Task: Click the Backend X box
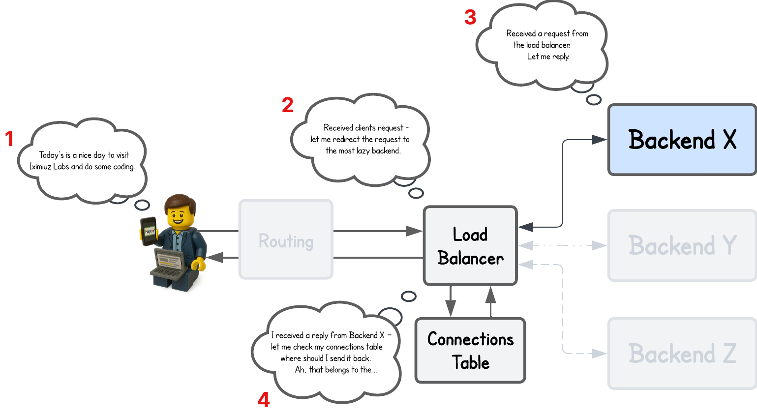(682, 140)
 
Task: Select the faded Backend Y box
(682, 245)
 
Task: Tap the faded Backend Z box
(682, 353)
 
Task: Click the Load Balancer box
(470, 246)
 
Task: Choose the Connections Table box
(470, 351)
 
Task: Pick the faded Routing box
(285, 241)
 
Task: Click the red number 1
(9, 139)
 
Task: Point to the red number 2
(288, 105)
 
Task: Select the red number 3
(470, 18)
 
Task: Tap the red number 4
(264, 400)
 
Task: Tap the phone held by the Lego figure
(149, 231)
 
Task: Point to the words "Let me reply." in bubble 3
(548, 57)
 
